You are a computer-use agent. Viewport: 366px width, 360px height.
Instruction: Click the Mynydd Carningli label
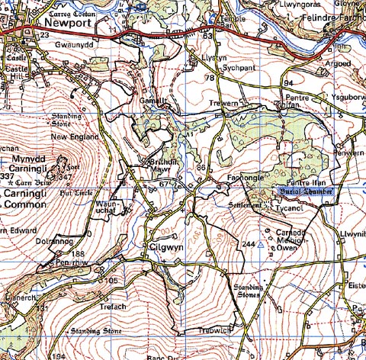[x=34, y=162]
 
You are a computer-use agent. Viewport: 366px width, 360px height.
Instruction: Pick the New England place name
[x=75, y=137]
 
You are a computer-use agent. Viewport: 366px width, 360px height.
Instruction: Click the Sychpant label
[x=238, y=68]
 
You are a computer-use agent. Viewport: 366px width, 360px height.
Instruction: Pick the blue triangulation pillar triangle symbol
[x=261, y=246]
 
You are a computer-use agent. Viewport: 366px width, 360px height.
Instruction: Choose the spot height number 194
[x=57, y=354]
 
